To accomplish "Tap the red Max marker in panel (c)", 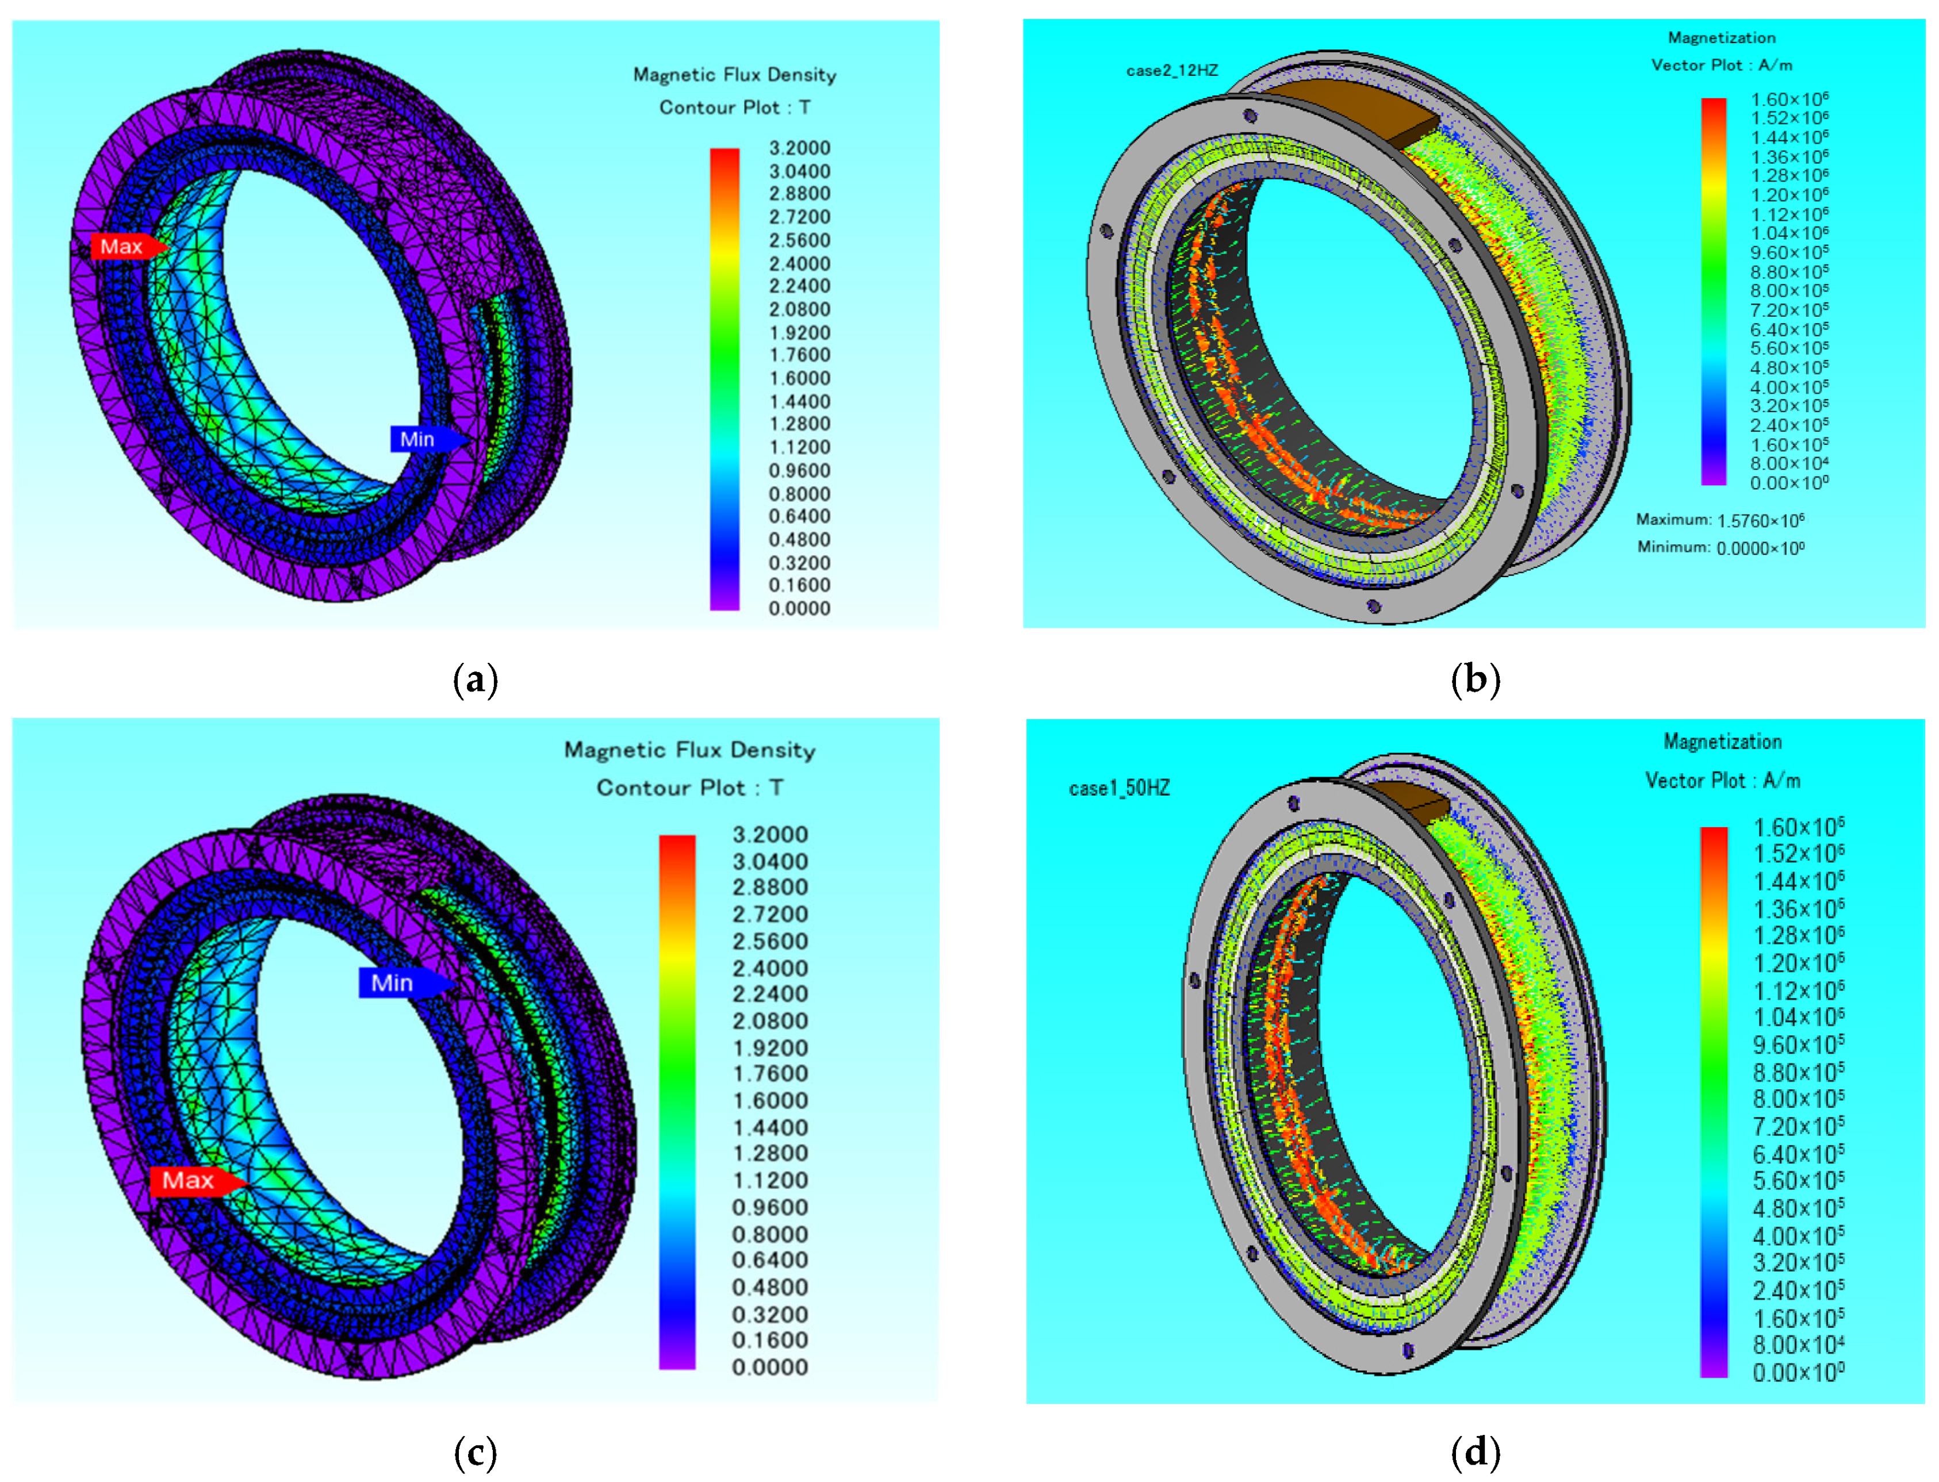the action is (x=197, y=1180).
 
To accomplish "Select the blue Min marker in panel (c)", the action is (x=405, y=982).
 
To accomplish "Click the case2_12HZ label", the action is (x=1171, y=71).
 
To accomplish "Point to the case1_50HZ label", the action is (x=1118, y=788).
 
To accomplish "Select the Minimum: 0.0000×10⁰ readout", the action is (x=1720, y=548).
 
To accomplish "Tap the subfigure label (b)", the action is (x=1475, y=679).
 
